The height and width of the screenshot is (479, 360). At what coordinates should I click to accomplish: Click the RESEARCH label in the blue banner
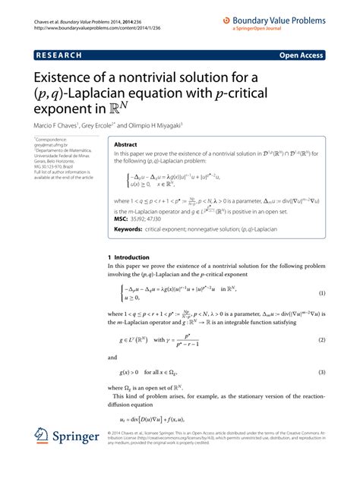57,55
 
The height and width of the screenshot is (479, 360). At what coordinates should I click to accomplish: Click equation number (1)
322,293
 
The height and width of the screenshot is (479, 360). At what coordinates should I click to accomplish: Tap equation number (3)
322,373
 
